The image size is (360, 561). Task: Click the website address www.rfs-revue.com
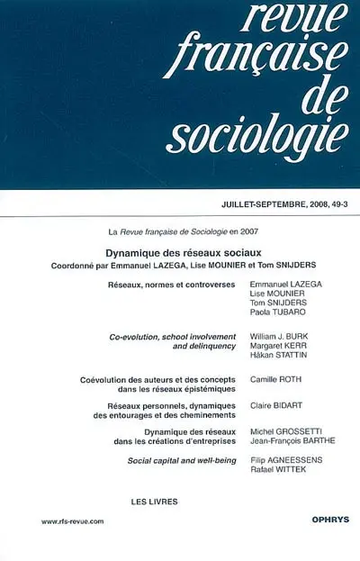[75, 521]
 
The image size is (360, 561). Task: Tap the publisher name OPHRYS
[322, 520]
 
